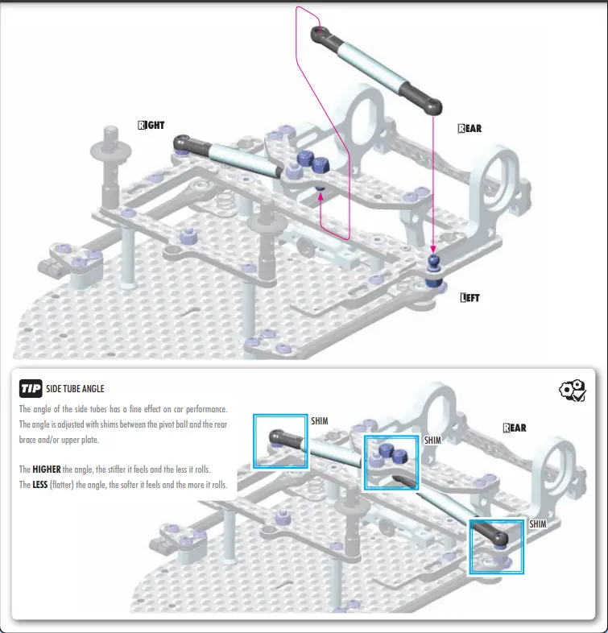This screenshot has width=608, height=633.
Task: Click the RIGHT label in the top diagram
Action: [x=151, y=126]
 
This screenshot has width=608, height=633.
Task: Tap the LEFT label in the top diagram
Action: [x=469, y=298]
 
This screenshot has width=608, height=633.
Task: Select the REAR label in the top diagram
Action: [x=469, y=128]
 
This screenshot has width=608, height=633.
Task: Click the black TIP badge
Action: [x=31, y=389]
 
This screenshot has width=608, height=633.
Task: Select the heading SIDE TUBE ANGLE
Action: [x=76, y=390]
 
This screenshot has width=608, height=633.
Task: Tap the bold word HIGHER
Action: [x=50, y=469]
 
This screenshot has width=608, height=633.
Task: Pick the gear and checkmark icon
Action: [x=572, y=391]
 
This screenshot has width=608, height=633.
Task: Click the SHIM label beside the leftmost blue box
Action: [x=320, y=420]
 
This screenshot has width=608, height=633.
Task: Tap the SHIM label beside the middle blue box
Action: [x=432, y=441]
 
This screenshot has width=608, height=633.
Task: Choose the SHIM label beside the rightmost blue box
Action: [x=538, y=523]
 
